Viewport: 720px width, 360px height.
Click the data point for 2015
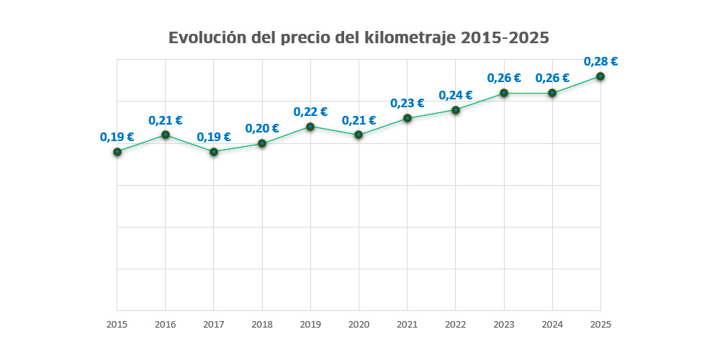(x=117, y=152)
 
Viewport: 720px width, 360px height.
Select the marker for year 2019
(x=310, y=127)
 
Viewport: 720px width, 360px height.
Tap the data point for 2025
(x=600, y=76)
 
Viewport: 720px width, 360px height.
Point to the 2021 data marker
(x=407, y=118)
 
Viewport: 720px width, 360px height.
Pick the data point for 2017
(x=214, y=152)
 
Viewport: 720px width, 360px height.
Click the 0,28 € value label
(x=600, y=61)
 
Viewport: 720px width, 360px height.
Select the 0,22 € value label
(x=310, y=112)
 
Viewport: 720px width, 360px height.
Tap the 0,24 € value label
(x=455, y=95)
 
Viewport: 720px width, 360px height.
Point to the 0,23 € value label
(x=407, y=103)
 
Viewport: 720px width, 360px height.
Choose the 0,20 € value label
(x=262, y=128)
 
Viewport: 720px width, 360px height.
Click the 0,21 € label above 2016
(x=166, y=120)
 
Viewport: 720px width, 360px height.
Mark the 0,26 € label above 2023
(x=504, y=78)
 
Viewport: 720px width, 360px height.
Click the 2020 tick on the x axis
(x=359, y=325)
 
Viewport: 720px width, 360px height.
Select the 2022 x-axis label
(x=455, y=325)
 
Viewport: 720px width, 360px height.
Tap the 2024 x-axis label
(x=552, y=325)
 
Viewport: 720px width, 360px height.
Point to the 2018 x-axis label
(x=262, y=325)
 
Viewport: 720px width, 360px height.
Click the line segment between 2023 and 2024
(x=528, y=93)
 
